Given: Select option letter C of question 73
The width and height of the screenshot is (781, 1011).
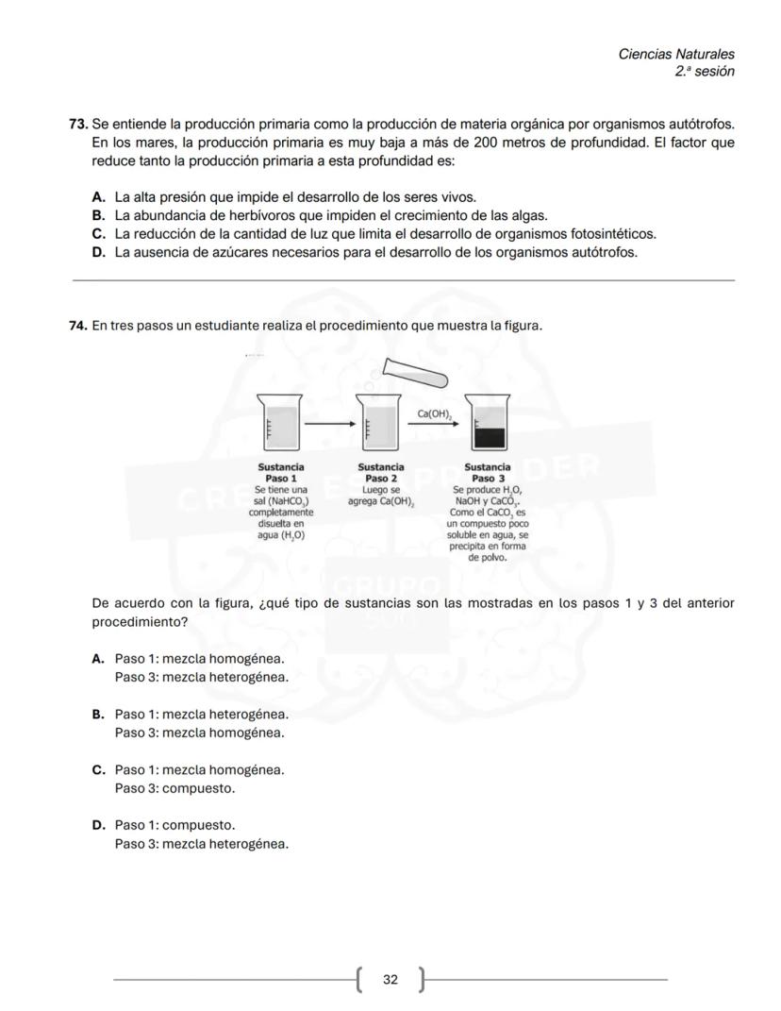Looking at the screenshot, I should (97, 233).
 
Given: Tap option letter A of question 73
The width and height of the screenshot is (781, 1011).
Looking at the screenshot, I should (97, 197).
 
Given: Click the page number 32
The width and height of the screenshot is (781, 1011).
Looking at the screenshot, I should (390, 980).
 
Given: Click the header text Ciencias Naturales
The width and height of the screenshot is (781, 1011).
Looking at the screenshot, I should (676, 54).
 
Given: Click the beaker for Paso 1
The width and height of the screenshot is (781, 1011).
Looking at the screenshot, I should (281, 423).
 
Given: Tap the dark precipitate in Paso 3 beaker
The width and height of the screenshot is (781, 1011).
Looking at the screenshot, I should (489, 437).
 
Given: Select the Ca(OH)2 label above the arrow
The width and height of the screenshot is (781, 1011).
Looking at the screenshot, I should (435, 413).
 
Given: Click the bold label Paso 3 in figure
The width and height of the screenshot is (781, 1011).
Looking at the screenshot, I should (488, 479).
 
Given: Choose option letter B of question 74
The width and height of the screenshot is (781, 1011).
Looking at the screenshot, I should (97, 715).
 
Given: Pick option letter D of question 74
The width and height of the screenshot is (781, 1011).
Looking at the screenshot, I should (97, 825).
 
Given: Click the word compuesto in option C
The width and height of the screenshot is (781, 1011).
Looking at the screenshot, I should (198, 788).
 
